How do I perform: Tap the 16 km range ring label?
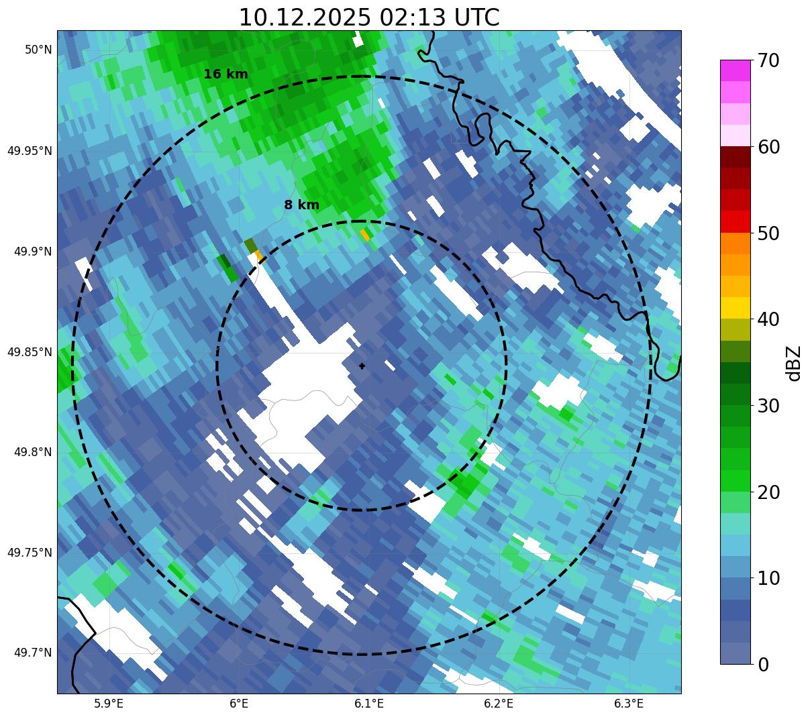pos(225,74)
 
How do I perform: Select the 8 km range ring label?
pos(301,205)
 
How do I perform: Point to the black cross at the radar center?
pos(362,366)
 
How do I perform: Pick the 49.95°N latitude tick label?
pos(30,151)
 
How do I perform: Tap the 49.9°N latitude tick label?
pos(33,252)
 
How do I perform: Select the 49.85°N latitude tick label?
pos(30,352)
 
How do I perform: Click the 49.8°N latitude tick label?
pos(33,453)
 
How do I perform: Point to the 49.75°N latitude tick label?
pos(30,553)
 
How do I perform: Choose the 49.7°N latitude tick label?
pos(33,653)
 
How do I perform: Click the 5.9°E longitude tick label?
pos(109,704)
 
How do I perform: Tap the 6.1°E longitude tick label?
pos(368,704)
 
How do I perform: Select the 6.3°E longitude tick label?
pos(629,704)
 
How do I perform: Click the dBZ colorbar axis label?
pos(795,363)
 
